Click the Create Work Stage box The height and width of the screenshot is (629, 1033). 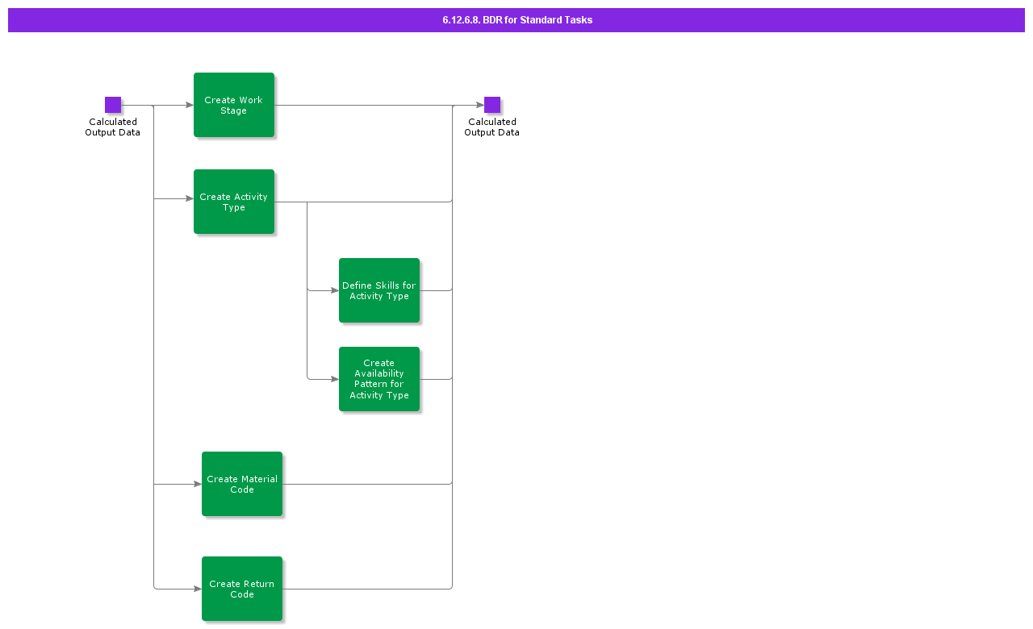234,105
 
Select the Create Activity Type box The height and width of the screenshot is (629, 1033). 234,202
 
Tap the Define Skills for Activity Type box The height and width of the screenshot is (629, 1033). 379,290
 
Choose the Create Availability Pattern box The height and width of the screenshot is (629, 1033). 379,379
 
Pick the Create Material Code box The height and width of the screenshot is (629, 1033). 242,484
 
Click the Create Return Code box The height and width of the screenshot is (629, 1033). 242,589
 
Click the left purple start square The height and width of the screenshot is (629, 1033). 113,105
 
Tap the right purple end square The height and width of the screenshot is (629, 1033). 492,105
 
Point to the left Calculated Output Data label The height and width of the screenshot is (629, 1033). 113,127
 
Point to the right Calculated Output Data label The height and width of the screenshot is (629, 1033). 492,127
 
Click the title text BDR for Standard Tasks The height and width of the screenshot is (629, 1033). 517,20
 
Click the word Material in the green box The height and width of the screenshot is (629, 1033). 259,479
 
